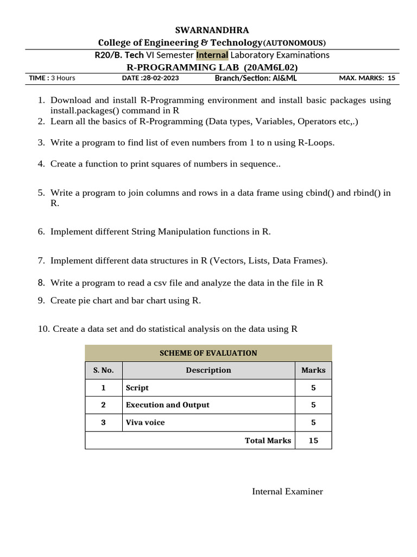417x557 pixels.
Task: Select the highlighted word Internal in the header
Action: coord(212,55)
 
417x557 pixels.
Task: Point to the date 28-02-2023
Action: coord(161,78)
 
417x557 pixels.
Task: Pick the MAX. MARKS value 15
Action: coord(391,78)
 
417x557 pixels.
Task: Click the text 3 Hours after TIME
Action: coord(63,78)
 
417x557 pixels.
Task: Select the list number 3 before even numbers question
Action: coord(41,143)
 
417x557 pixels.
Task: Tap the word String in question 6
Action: coord(144,232)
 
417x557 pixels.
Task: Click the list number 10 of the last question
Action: coord(43,329)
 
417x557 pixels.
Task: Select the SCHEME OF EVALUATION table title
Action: coord(208,353)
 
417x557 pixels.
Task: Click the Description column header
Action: coord(208,370)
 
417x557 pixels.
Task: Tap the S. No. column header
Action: coord(104,370)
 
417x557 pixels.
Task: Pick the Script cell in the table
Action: coord(137,388)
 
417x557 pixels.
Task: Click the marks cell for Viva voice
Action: coord(313,423)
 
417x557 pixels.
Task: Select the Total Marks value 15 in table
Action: coord(313,441)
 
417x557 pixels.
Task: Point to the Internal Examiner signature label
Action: coord(287,492)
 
